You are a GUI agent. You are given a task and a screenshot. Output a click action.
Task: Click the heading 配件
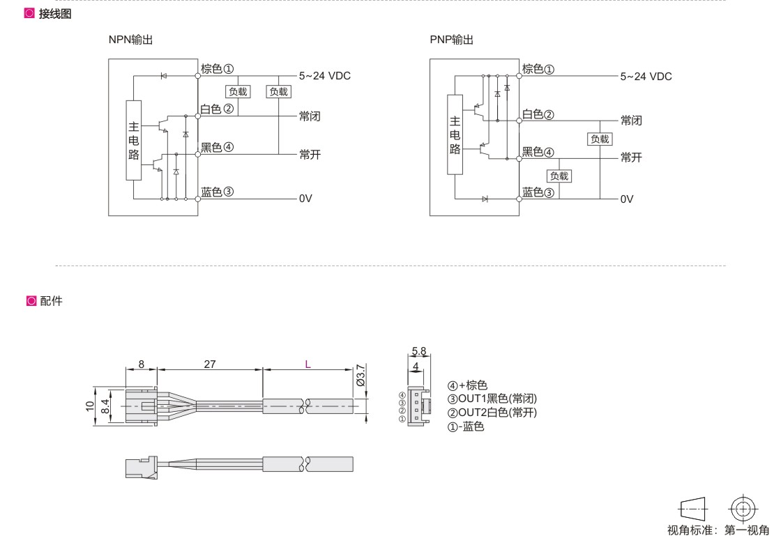(51, 301)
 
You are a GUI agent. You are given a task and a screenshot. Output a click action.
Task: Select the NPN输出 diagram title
(130, 40)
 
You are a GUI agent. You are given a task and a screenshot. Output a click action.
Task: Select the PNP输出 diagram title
(451, 40)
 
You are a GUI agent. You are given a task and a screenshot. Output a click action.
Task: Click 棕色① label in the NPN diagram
(217, 68)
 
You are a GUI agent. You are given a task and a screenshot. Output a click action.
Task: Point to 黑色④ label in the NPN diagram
(217, 148)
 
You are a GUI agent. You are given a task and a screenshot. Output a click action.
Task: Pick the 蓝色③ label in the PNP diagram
(538, 192)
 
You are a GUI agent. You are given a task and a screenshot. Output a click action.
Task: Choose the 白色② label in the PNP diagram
(538, 114)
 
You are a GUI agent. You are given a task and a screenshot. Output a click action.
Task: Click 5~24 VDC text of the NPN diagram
(325, 76)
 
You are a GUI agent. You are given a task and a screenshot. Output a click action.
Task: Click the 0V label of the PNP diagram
(627, 199)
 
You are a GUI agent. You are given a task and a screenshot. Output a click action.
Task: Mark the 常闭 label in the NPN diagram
(310, 116)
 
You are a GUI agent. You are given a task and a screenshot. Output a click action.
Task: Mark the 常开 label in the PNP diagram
(631, 157)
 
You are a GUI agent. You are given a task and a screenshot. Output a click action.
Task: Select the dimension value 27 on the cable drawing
(209, 364)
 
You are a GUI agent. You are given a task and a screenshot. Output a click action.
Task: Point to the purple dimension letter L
(307, 364)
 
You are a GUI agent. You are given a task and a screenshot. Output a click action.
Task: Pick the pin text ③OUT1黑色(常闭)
(492, 399)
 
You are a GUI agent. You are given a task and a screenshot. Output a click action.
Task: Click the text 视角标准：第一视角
(718, 530)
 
